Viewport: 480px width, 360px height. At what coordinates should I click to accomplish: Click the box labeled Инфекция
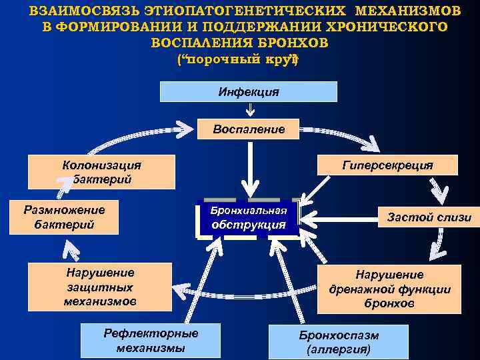coord(249,91)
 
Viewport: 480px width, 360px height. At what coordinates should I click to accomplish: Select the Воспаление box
coord(249,129)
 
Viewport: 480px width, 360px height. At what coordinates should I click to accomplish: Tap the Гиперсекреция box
coord(387,165)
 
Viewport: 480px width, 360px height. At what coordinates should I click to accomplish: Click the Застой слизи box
coord(429,217)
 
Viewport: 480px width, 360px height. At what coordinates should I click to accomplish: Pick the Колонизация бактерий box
coord(101,172)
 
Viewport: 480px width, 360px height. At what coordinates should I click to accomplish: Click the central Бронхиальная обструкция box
coord(249,218)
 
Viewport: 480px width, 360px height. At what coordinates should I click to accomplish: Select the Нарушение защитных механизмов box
coord(100,287)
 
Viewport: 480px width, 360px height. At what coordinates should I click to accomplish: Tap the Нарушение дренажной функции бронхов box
coord(389,289)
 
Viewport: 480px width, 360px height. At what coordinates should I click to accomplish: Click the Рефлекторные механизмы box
coord(150,340)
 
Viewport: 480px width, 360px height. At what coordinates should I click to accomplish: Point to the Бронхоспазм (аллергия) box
coord(338,341)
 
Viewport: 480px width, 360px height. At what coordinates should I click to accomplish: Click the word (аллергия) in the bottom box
coord(338,349)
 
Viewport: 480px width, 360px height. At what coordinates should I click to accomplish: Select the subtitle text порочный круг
coord(238,59)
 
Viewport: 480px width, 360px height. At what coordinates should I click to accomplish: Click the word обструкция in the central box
coord(249,225)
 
